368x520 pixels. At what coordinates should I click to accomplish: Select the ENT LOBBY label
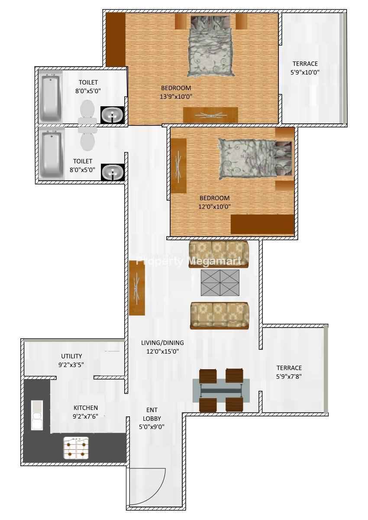pos(152,414)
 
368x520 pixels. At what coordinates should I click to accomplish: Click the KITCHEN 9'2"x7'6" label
pos(86,412)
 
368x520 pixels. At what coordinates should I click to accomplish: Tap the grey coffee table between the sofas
pos(220,283)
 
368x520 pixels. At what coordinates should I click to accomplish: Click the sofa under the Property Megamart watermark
pos(219,254)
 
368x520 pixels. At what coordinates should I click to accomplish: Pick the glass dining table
pos(221,390)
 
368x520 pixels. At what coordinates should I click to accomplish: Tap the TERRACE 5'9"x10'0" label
pos(305,68)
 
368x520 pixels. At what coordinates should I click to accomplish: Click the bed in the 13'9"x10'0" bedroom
pos(210,45)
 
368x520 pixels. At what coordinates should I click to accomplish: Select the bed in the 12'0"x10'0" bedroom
pos(255,158)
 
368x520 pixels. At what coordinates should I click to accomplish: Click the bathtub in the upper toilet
pos(51,97)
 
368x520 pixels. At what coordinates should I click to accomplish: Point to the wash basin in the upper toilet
pos(112,115)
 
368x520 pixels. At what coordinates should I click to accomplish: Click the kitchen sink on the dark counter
pos(37,415)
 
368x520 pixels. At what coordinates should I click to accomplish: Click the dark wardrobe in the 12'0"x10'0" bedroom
pos(262,224)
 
